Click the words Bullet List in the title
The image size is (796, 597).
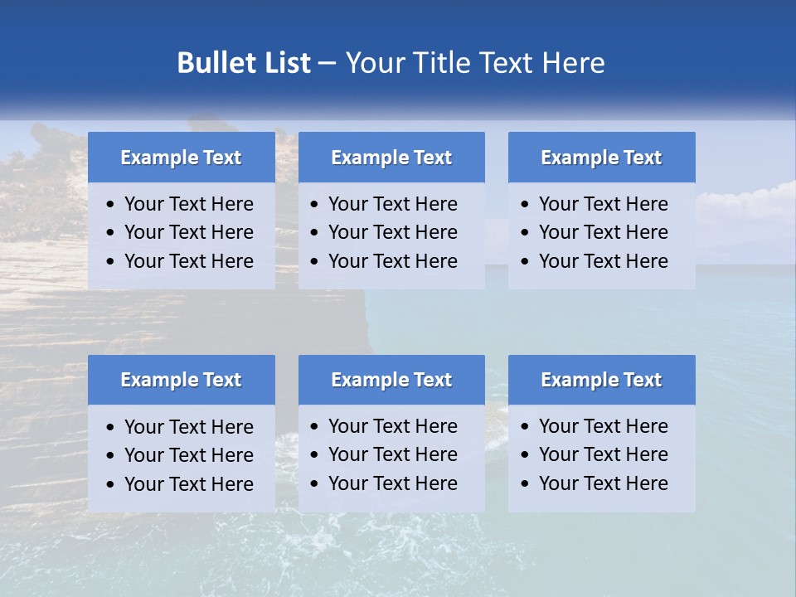244,63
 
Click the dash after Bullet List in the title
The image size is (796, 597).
327,64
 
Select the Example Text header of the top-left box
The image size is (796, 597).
181,158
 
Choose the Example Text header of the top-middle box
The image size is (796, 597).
391,158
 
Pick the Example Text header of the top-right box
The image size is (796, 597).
601,158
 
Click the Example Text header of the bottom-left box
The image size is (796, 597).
181,380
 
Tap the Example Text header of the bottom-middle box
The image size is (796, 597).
391,380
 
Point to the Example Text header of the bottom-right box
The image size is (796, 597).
601,380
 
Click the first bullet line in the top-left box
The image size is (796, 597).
188,204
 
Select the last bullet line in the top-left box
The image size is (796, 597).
188,261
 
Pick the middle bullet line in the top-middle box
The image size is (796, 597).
392,232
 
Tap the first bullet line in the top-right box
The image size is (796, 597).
603,204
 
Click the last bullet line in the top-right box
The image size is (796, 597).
603,261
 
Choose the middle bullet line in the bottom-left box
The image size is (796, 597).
188,455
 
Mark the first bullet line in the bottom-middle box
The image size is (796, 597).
392,426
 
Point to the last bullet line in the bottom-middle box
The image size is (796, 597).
392,483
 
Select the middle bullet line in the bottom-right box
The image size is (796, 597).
603,454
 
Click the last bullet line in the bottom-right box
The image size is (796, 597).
603,483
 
